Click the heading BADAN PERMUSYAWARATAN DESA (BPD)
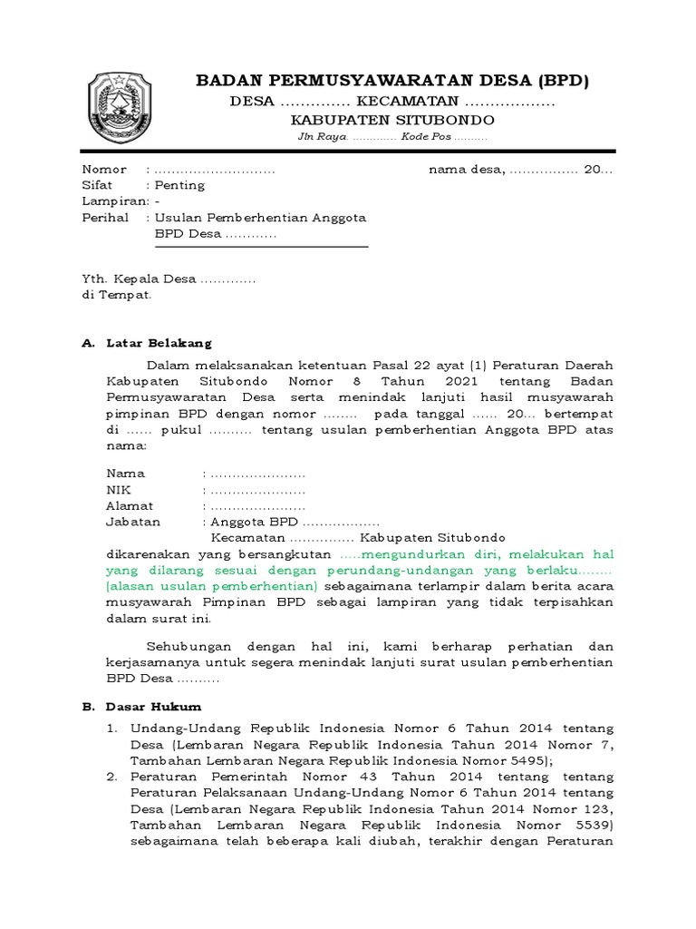pyautogui.click(x=392, y=82)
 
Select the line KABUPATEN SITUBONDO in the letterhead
pyautogui.click(x=391, y=120)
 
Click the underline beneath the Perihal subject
pyautogui.click(x=262, y=246)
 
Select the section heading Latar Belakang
pyautogui.click(x=159, y=344)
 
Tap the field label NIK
pyautogui.click(x=119, y=489)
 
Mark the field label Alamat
pyautogui.click(x=130, y=505)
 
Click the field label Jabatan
pyautogui.click(x=133, y=522)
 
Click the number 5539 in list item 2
pyautogui.click(x=589, y=825)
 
